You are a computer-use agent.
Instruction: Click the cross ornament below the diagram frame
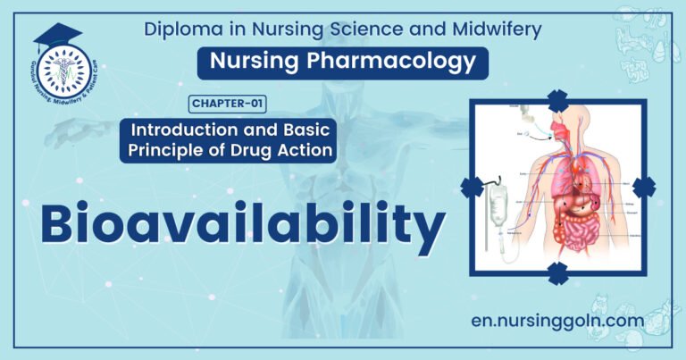(x=558, y=273)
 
